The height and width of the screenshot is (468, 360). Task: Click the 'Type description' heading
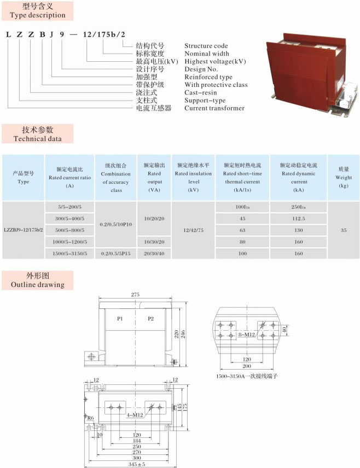tap(38, 15)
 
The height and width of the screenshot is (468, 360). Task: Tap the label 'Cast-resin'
tap(202, 93)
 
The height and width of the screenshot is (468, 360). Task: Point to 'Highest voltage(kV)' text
tap(214, 62)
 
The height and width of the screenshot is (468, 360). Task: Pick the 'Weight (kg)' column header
tap(343, 178)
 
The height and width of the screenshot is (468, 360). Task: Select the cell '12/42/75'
tap(193, 230)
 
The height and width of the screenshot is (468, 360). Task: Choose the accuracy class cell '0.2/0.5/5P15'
tap(115, 253)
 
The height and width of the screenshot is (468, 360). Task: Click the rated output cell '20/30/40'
tap(154, 253)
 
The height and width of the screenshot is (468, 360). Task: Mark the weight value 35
tap(343, 230)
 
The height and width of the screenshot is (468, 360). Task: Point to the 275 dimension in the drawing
tap(135, 295)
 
